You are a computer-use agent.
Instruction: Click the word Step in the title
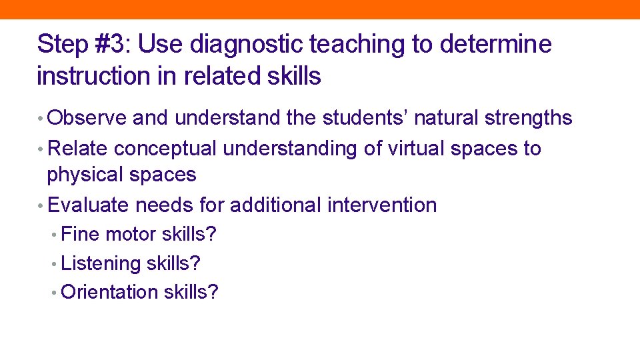pyautogui.click(x=63, y=45)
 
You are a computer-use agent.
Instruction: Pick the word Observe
pyautogui.click(x=87, y=118)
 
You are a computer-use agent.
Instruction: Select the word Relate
pyautogui.click(x=77, y=148)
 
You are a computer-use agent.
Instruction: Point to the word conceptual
pyautogui.click(x=165, y=148)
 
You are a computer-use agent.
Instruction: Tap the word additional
pyautogui.click(x=275, y=205)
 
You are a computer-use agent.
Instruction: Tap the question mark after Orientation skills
pyautogui.click(x=213, y=292)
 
